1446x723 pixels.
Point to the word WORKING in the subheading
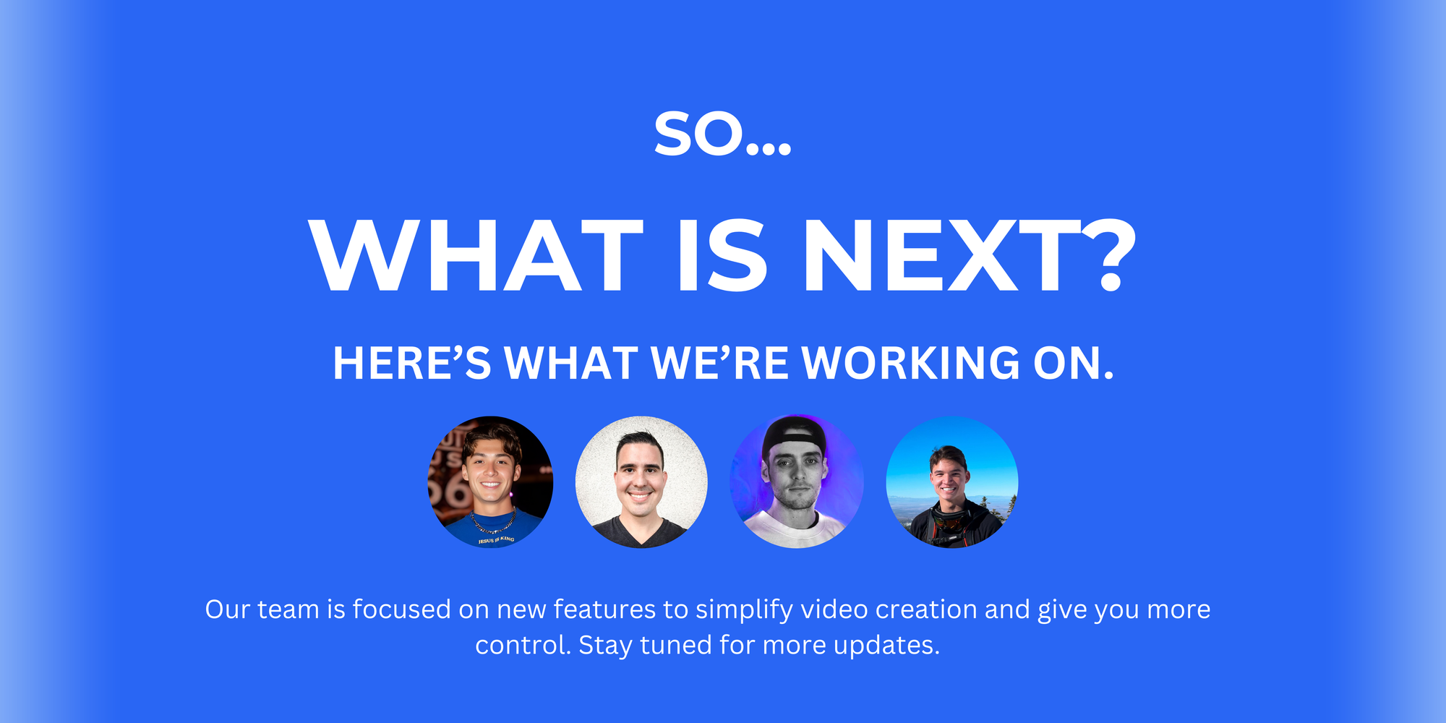912,363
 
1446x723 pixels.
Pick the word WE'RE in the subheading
719,363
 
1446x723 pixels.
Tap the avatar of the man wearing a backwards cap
797,482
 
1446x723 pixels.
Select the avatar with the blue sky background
952,482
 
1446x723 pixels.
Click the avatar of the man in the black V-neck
641,482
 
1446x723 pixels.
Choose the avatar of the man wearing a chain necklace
491,482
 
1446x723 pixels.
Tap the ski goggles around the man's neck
949,518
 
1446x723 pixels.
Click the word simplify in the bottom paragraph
744,609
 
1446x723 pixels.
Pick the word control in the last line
523,645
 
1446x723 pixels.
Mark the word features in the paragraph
604,609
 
